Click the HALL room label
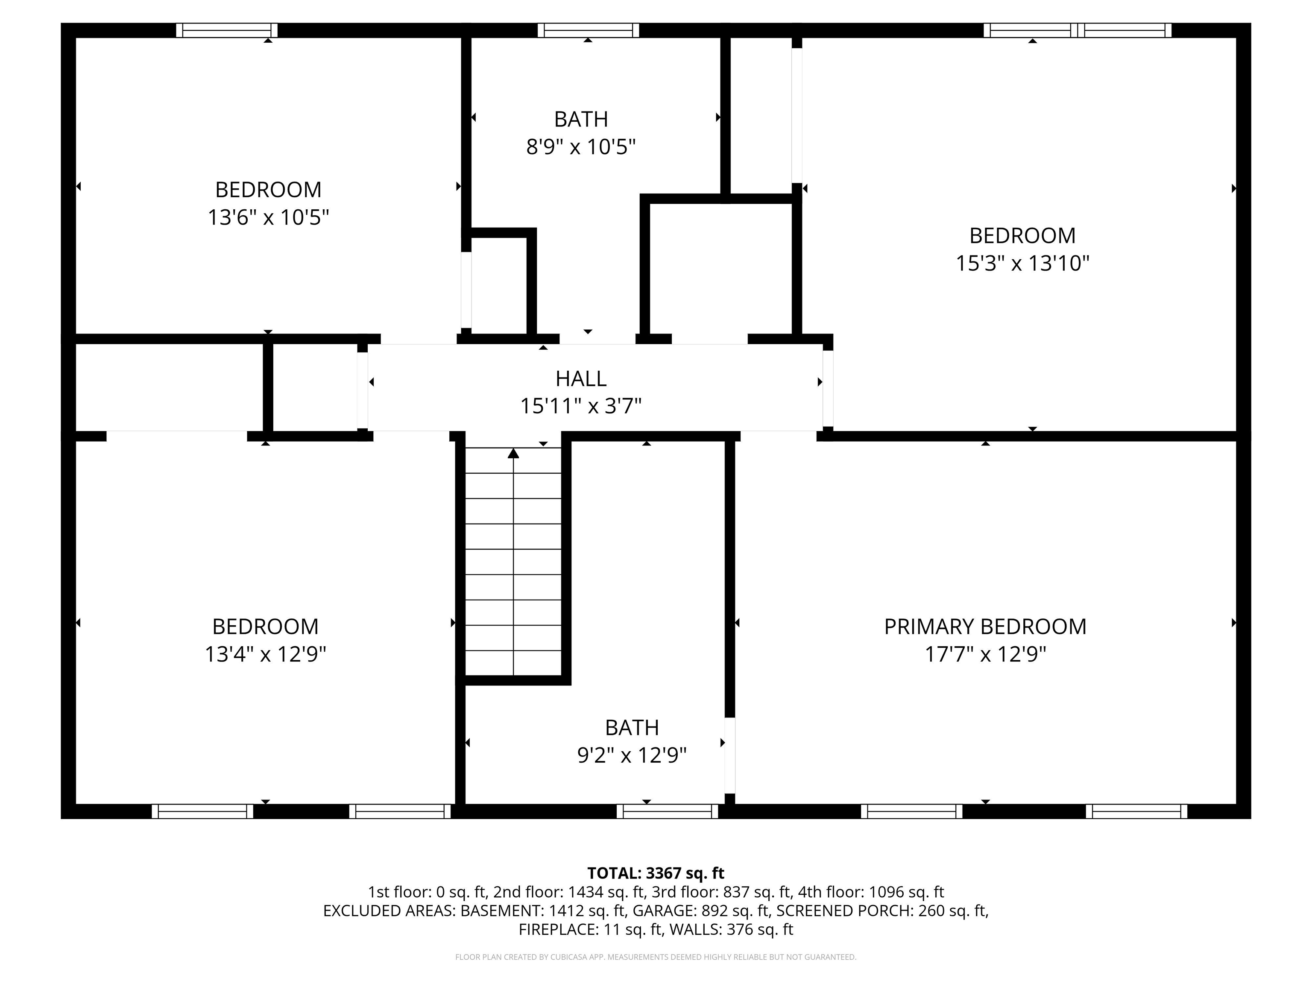pos(581,378)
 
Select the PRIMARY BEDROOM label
pos(984,627)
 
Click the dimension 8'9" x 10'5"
pos(581,146)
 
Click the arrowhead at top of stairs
pos(513,454)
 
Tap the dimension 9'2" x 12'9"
pos(632,755)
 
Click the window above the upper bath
pos(588,30)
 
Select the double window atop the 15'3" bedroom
pos(1077,30)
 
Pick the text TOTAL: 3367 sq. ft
pos(656,873)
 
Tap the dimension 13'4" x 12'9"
pos(265,654)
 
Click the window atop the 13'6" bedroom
pos(227,30)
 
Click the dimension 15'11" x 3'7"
pos(581,406)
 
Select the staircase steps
pos(513,563)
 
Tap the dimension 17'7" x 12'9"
pos(984,654)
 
